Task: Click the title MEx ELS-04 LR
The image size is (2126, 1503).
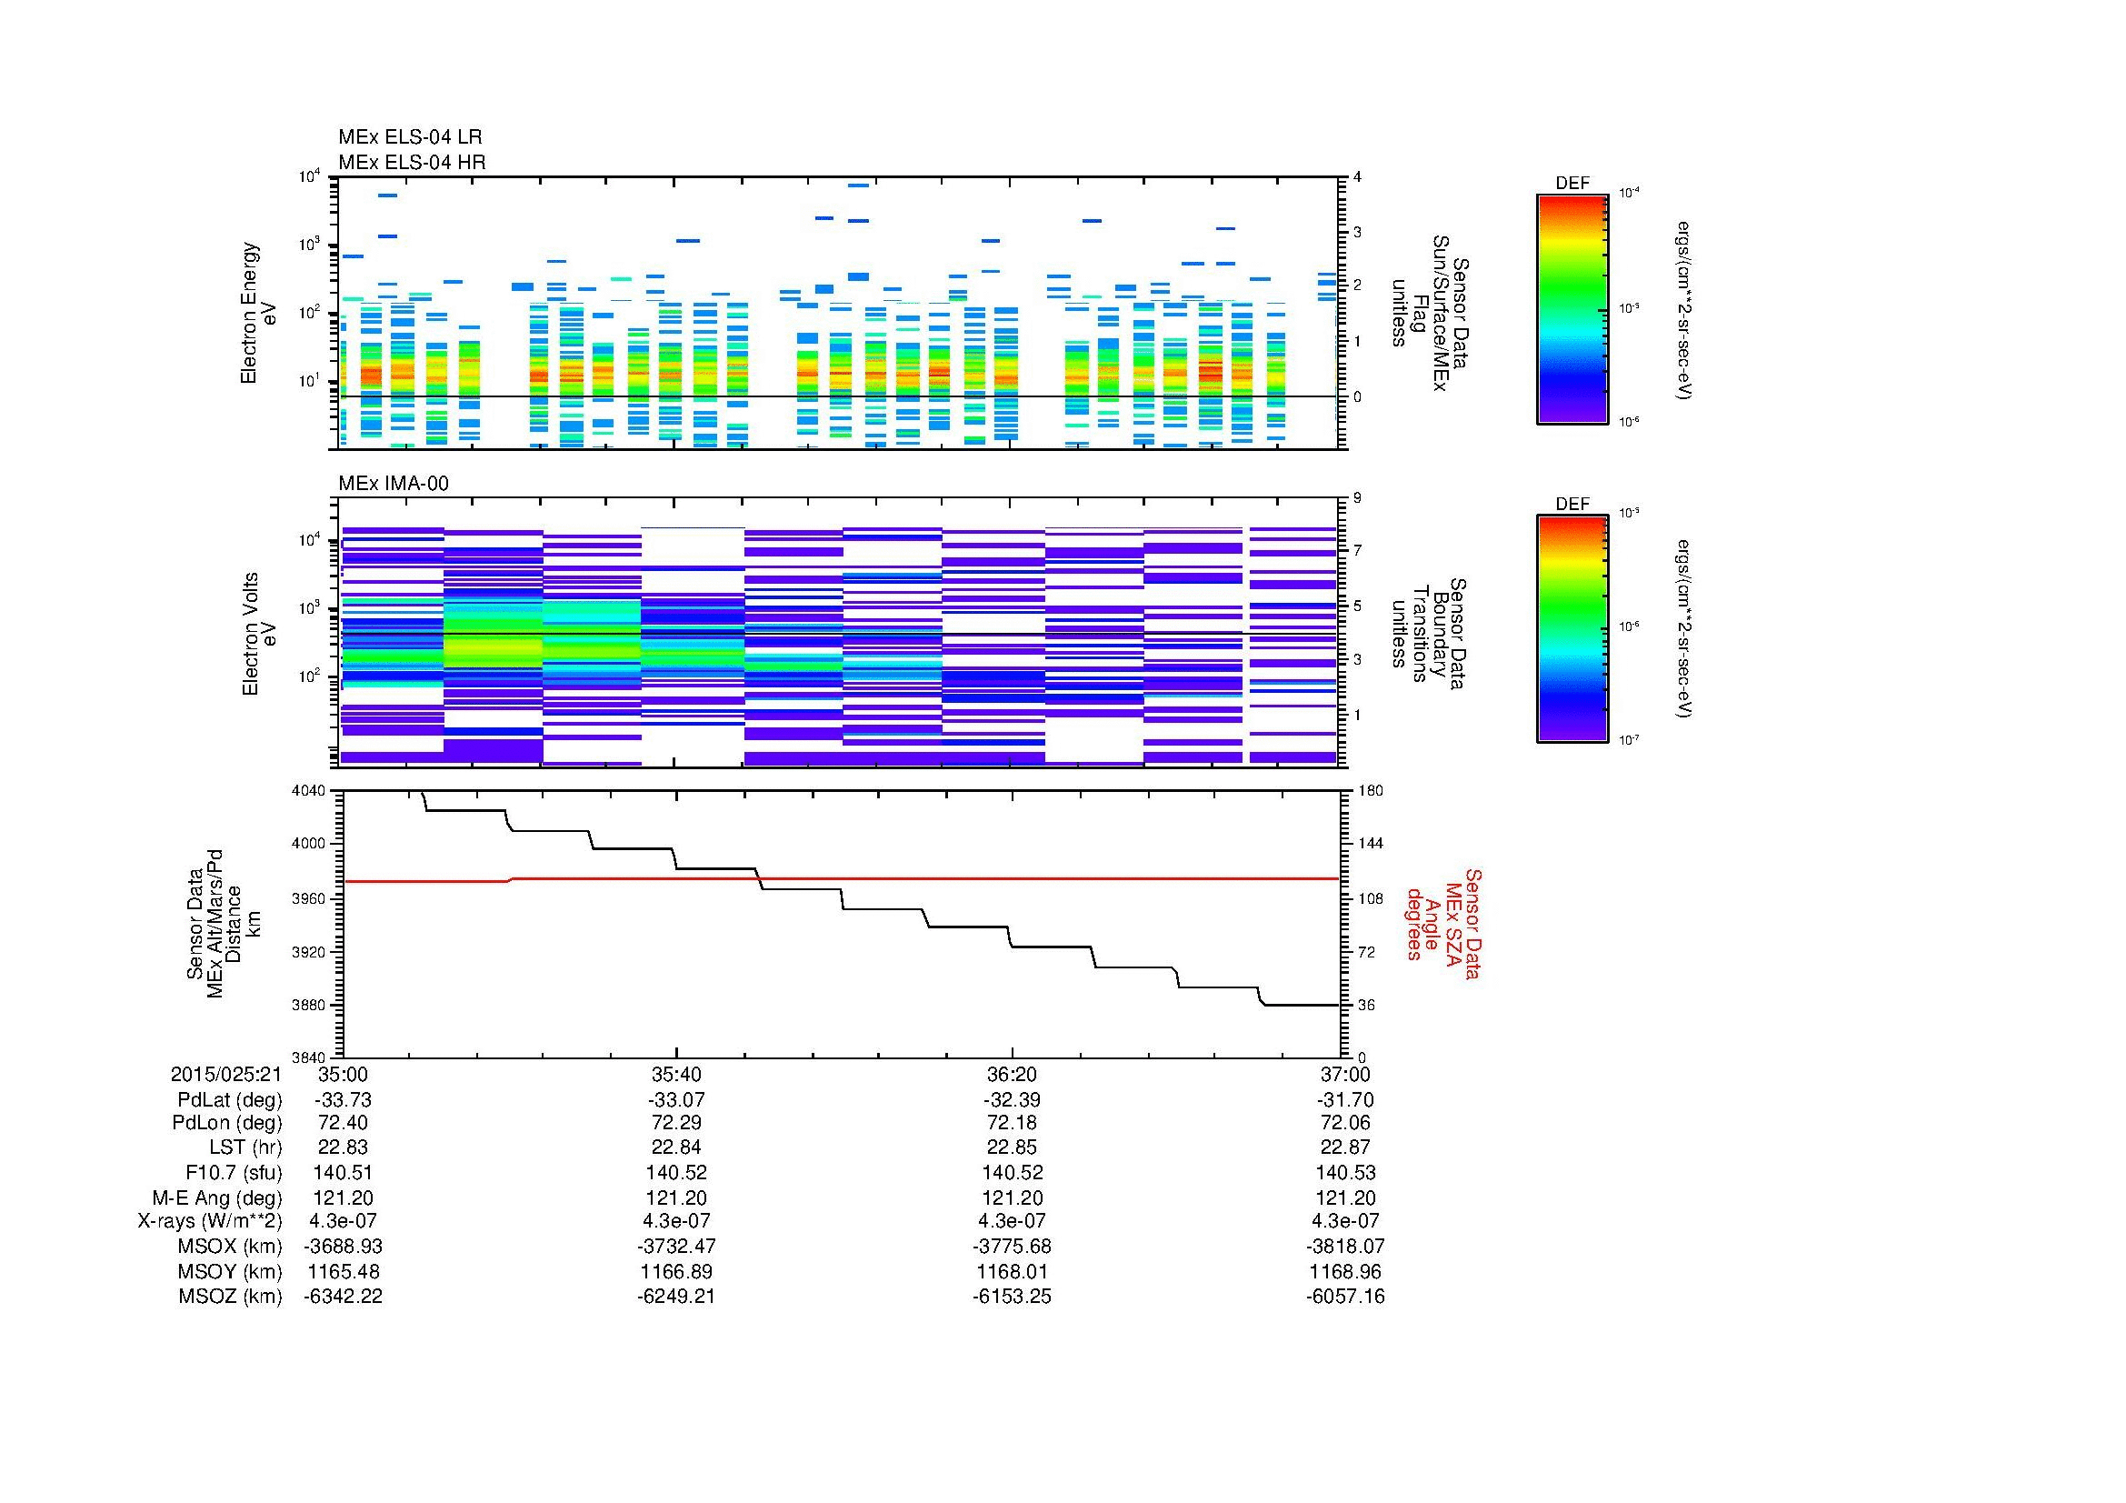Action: pyautogui.click(x=410, y=137)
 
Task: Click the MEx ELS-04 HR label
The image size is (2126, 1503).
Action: pyautogui.click(x=412, y=162)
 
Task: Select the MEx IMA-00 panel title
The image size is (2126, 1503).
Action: pyautogui.click(x=394, y=484)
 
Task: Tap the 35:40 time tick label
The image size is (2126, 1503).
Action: pyautogui.click(x=676, y=1074)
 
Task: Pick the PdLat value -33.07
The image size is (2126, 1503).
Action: pyautogui.click(x=676, y=1100)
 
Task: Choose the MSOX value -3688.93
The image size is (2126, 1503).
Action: pyautogui.click(x=343, y=1247)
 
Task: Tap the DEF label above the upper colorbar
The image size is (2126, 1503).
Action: pyautogui.click(x=1572, y=184)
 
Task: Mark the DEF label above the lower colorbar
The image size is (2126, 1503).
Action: pyautogui.click(x=1572, y=504)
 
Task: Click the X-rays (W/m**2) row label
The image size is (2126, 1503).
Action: pyautogui.click(x=210, y=1221)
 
